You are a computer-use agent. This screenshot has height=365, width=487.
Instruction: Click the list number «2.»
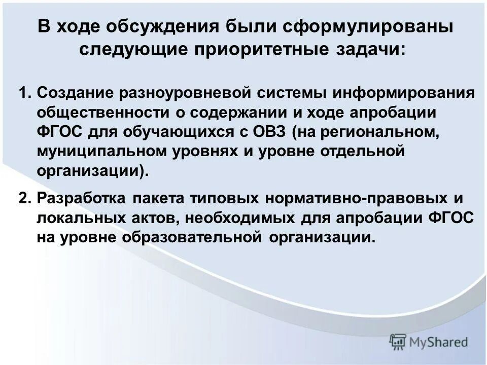coord(26,198)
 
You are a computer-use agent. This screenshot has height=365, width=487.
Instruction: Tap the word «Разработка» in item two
coord(83,198)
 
